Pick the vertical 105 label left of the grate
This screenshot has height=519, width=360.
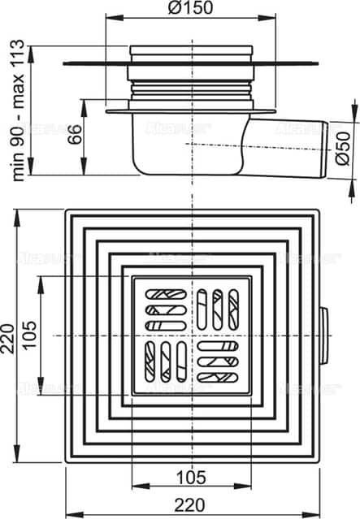point(30,336)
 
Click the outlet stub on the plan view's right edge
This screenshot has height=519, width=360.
point(325,336)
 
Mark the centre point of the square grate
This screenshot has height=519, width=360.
point(193,336)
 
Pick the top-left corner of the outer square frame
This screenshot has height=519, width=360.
point(65,210)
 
